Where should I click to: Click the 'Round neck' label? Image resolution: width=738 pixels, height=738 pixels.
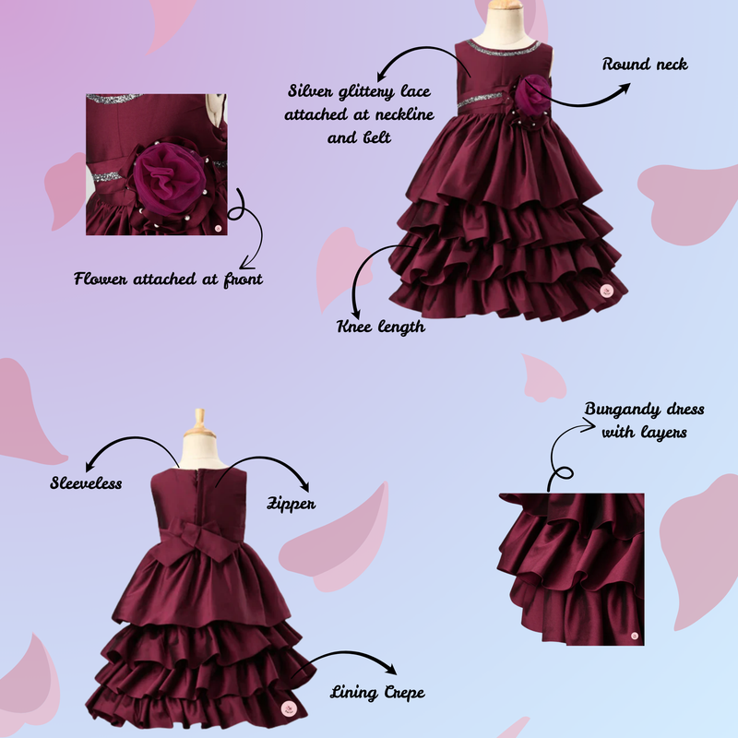coord(645,64)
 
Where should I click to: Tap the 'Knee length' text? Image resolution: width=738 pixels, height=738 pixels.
coord(381,327)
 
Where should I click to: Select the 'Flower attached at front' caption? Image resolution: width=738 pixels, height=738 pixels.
coord(168,280)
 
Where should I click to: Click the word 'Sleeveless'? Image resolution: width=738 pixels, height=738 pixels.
coord(86,482)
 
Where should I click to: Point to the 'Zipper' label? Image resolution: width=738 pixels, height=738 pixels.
coord(292,504)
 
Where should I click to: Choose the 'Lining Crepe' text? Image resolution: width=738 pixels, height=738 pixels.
coord(377,693)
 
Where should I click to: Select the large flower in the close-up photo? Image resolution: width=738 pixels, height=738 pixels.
coord(170,176)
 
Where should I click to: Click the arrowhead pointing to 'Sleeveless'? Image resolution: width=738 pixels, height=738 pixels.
coord(89,466)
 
